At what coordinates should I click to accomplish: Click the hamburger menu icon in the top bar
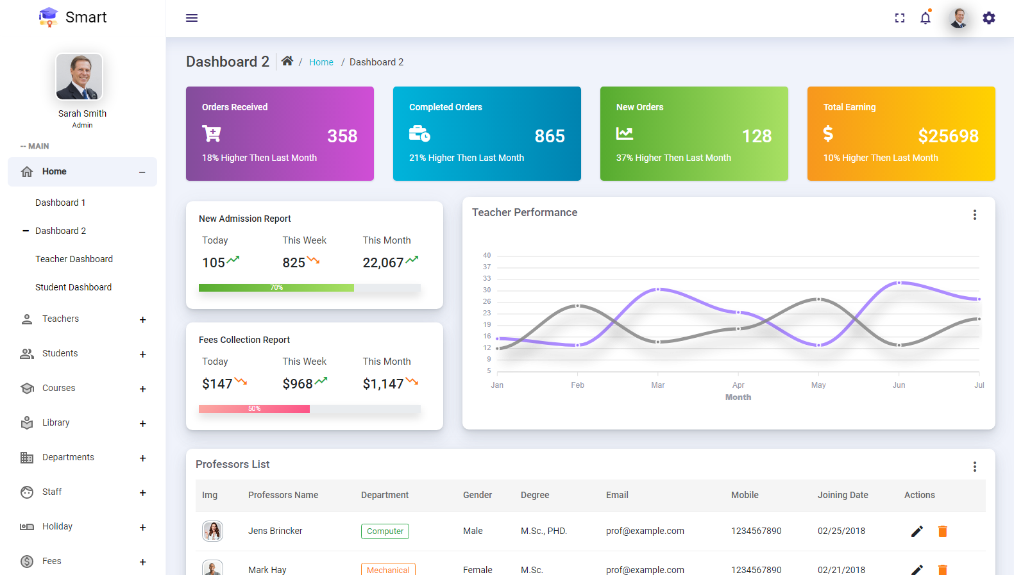(191, 18)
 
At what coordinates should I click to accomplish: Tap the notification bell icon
(925, 18)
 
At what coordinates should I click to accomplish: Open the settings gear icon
(989, 18)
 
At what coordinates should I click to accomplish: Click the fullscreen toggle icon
(900, 18)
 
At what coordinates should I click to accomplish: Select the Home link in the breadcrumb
(321, 62)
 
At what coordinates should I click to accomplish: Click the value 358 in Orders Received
(342, 136)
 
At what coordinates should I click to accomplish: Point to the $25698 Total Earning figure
(948, 136)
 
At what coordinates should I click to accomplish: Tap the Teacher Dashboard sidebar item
(74, 259)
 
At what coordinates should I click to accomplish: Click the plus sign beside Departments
(143, 458)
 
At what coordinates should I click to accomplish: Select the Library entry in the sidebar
(56, 422)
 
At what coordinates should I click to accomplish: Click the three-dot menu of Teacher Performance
(974, 215)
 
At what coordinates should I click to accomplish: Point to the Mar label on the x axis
(657, 385)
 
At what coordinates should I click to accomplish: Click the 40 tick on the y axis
(487, 255)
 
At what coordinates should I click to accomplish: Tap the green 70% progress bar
(276, 288)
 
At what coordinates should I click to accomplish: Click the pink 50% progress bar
(254, 409)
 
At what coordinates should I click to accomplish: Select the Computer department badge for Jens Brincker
(385, 531)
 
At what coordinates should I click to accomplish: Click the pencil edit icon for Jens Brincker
(917, 531)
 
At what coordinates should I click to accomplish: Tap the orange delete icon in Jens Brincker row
(942, 531)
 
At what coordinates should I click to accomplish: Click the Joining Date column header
(842, 495)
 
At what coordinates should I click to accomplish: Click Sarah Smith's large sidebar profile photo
(80, 77)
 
